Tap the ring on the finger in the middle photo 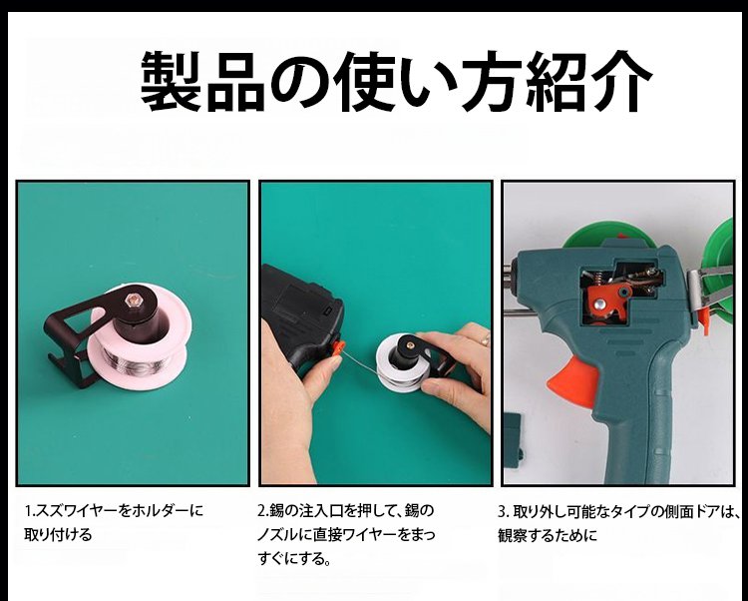click(x=485, y=339)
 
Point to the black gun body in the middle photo click(x=301, y=316)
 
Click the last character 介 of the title click(x=621, y=81)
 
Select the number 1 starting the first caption click(x=28, y=511)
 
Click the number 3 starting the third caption click(x=503, y=512)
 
